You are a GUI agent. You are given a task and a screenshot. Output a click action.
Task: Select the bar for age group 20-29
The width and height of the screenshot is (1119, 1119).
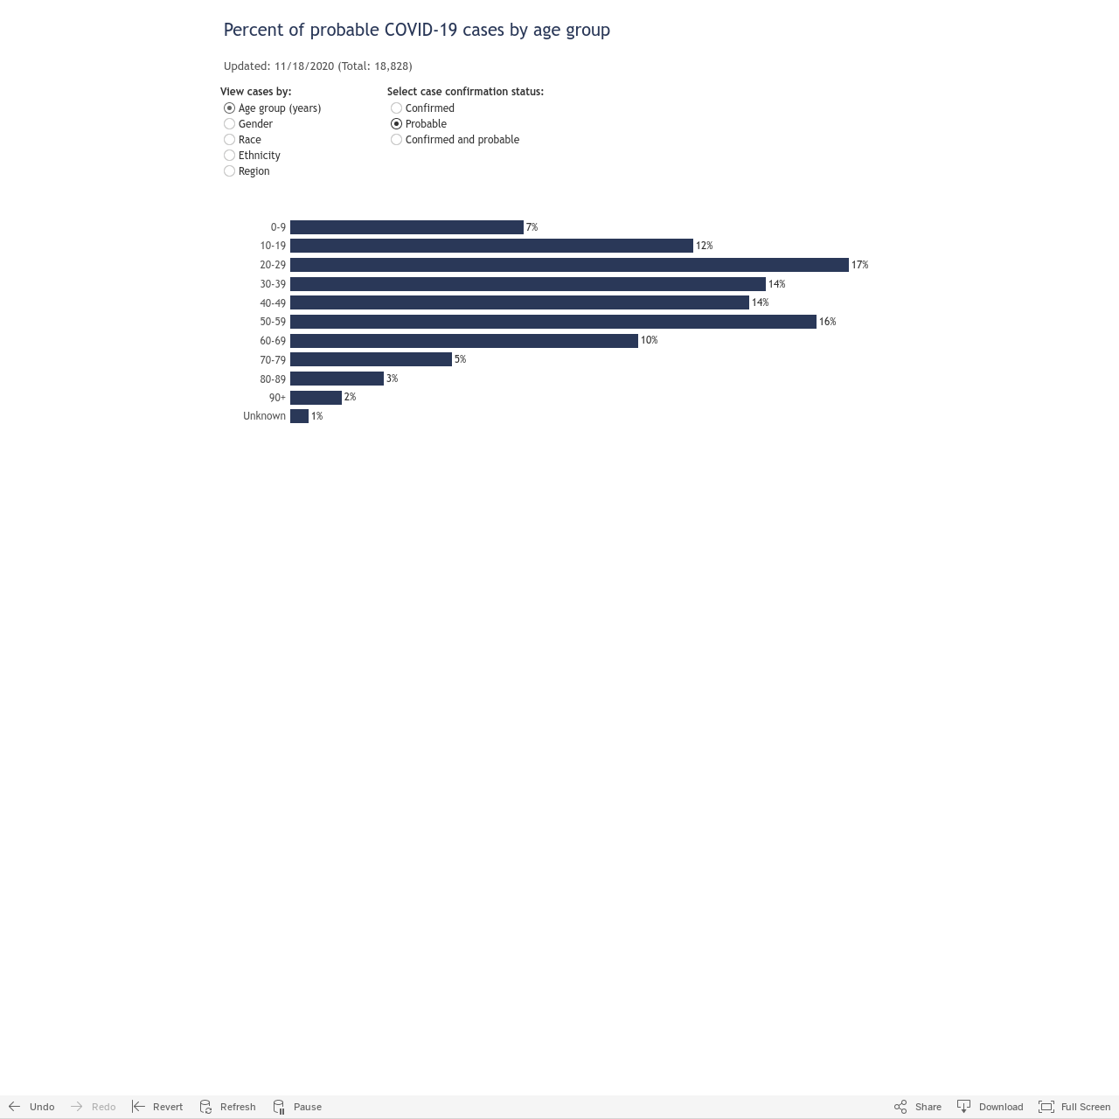point(569,265)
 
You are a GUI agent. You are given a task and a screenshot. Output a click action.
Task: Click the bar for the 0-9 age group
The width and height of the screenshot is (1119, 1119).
point(407,227)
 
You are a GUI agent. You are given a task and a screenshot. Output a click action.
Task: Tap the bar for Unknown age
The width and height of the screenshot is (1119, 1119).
point(299,416)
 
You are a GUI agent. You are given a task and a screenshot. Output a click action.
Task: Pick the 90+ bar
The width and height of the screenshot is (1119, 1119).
point(316,397)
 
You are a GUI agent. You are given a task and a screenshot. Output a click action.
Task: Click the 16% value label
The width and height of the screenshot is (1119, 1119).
point(828,321)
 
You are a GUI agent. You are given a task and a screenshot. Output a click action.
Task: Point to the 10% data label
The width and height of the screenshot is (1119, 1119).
point(650,340)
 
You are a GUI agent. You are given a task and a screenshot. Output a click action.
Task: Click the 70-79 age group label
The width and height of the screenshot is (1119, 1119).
point(273,360)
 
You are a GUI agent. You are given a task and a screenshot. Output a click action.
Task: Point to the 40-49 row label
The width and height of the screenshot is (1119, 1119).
point(273,303)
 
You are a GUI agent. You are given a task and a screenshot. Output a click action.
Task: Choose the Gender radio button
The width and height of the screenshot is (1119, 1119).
point(229,123)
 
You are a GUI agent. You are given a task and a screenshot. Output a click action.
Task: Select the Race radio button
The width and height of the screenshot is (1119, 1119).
point(229,139)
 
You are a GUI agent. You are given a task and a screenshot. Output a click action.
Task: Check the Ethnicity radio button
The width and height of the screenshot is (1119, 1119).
point(229,155)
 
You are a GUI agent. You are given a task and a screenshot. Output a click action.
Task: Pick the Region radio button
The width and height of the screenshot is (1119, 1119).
point(229,170)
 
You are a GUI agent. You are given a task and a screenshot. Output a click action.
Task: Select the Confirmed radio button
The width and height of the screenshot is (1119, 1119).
point(397,108)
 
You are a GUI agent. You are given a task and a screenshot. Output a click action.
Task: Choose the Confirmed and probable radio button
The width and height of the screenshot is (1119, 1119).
point(397,139)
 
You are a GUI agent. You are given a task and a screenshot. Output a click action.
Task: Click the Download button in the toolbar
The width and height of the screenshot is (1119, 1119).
point(990,1106)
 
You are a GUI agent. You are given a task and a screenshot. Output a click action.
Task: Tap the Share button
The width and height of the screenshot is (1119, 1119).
point(918,1106)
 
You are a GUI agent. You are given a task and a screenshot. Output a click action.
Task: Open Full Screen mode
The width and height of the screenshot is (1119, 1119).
point(1074,1106)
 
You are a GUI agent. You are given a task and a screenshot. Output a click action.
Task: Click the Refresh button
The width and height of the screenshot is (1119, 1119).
point(227,1106)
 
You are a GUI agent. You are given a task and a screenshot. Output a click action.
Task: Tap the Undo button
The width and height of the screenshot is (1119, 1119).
point(31,1106)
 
